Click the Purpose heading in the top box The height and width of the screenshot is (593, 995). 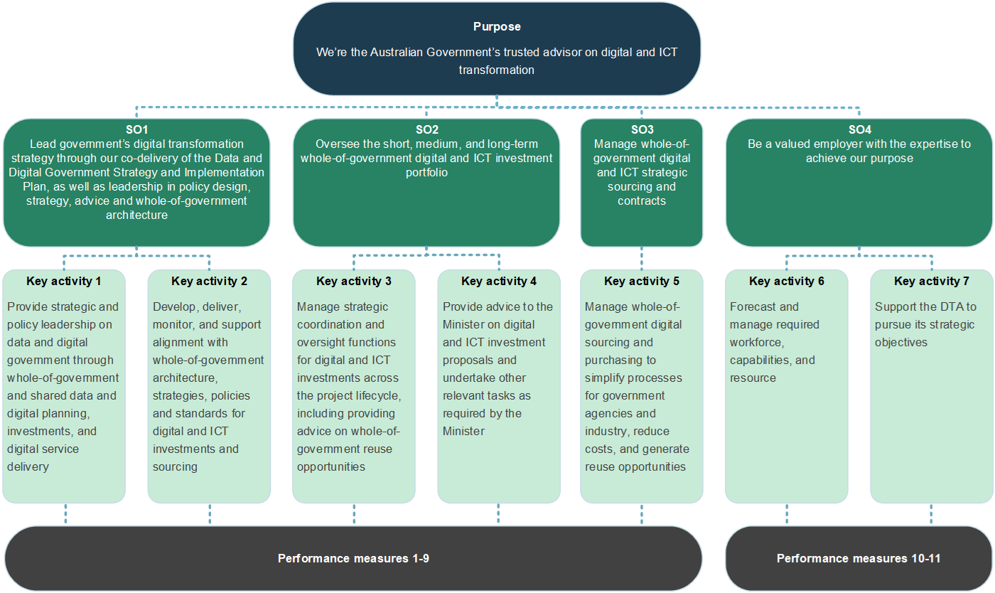[497, 27]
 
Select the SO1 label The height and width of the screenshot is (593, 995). [136, 130]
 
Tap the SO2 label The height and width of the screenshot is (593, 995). [426, 130]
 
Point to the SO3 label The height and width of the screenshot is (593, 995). [642, 130]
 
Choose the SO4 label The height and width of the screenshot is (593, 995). [859, 130]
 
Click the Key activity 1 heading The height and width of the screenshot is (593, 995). [64, 282]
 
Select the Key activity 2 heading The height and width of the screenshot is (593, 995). [209, 282]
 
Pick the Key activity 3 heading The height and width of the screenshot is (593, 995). [354, 282]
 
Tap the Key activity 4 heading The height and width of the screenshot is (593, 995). [499, 282]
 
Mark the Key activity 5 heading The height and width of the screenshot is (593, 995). [642, 282]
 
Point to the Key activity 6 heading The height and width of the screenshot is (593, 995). [787, 282]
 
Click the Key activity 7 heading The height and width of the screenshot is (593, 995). [931, 282]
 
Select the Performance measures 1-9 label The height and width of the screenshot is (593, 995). [353, 559]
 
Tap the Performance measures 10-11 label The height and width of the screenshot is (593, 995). [859, 559]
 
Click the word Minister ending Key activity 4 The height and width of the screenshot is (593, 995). [463, 432]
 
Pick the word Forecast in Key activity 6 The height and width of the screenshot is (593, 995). [754, 307]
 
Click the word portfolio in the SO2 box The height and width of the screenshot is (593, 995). [426, 173]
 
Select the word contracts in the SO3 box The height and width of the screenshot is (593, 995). [642, 201]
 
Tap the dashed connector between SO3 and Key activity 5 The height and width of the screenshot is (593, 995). [642, 258]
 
